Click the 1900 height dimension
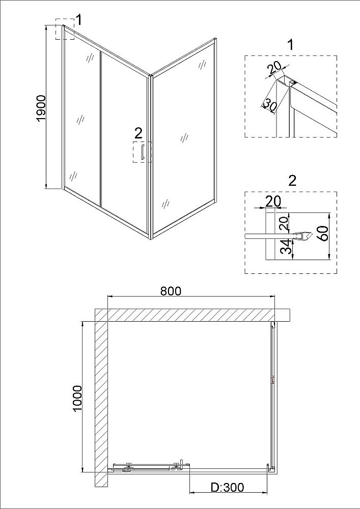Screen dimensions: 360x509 (42, 108)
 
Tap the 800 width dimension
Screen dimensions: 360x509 (171, 291)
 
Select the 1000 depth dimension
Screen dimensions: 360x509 (77, 399)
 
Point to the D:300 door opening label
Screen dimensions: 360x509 (227, 487)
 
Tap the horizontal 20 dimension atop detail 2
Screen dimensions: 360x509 (273, 202)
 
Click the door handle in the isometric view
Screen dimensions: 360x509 (142, 153)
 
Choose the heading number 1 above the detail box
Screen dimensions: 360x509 (291, 45)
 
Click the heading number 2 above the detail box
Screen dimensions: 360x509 (292, 181)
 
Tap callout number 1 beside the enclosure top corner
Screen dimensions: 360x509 (78, 20)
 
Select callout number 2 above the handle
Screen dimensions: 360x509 (139, 133)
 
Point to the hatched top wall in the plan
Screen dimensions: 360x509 (191, 315)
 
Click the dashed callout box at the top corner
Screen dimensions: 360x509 (65, 29)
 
